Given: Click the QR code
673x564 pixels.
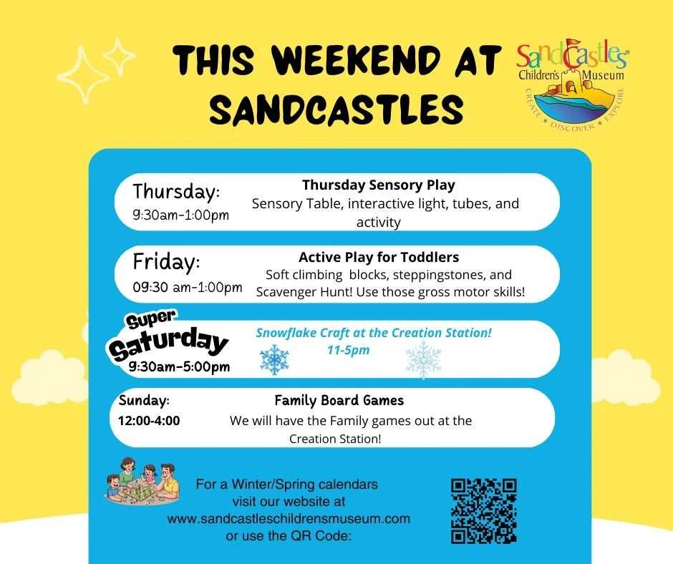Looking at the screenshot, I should point(484,510).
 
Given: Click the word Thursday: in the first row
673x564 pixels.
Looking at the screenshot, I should point(176,192).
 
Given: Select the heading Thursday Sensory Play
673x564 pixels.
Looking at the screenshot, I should point(378,185).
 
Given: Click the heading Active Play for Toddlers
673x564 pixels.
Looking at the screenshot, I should point(379,257).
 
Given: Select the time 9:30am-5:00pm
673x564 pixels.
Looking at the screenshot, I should point(179,366).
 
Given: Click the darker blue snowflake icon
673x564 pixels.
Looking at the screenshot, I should point(274,360).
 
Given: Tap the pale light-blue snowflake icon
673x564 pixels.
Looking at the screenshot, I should point(424,360).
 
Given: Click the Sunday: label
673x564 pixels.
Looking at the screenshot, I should point(144,400).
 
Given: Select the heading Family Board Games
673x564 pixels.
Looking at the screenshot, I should point(339,400).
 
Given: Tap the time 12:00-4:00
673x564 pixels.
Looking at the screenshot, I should point(149,420).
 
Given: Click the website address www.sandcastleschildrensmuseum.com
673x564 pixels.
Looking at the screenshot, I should point(289,518).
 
